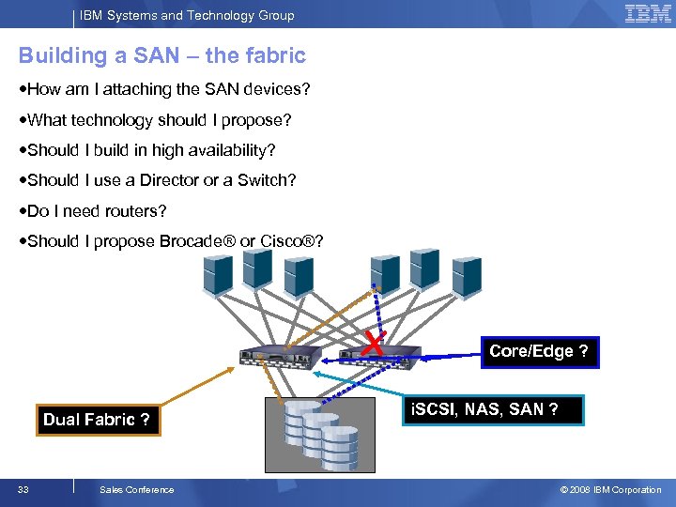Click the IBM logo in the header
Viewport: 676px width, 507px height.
click(x=648, y=14)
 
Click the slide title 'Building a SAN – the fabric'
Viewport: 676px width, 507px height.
click(x=162, y=55)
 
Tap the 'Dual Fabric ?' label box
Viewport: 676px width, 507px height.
click(x=96, y=420)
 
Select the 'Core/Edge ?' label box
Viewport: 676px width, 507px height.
click(x=539, y=351)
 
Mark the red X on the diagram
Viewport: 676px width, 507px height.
click(x=374, y=343)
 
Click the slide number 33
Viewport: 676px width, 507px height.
click(x=23, y=489)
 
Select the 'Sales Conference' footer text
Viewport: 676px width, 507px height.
click(x=136, y=489)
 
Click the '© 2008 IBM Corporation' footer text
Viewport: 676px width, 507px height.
click(x=610, y=489)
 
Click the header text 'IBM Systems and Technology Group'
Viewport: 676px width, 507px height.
click(x=187, y=15)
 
